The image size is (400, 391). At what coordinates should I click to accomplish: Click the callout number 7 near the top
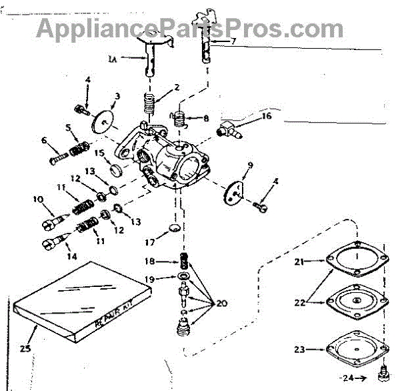tap(233, 41)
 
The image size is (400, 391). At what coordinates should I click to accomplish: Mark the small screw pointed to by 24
tap(383, 369)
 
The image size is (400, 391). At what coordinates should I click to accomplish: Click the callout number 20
tap(221, 304)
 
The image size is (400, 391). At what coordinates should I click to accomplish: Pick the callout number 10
tap(37, 198)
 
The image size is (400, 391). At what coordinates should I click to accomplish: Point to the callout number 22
tap(299, 302)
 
